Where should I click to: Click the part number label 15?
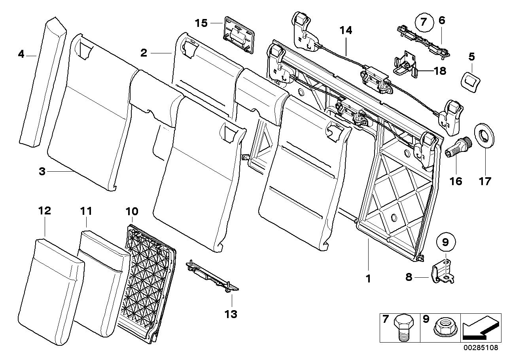pos(201,23)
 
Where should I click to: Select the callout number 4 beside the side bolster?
pos(21,54)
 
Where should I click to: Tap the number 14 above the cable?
pos(346,30)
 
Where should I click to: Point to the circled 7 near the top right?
pos(423,22)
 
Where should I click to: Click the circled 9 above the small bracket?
pos(445,242)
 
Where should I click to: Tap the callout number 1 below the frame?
pos(368,279)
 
